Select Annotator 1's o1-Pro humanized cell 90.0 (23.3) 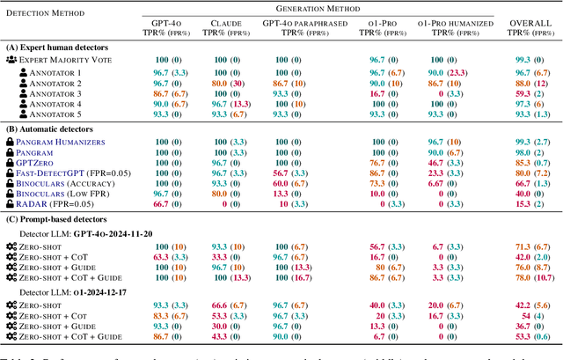[x=448, y=70]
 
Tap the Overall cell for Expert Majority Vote [x=526, y=58]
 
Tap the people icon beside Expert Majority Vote [x=11, y=58]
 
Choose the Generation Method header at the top [x=329, y=8]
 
